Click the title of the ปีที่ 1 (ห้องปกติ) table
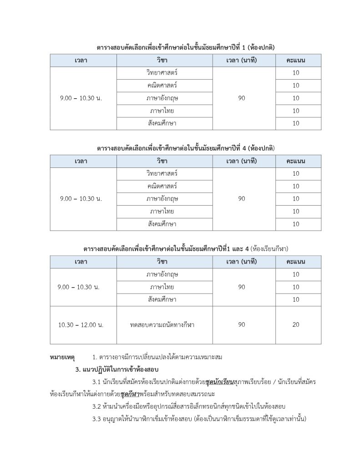186,47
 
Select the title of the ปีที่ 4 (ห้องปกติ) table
186,148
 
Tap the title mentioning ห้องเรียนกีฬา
186,249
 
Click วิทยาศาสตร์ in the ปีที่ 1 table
162,73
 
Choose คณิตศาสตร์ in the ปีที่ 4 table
162,186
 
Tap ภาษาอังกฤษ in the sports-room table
162,274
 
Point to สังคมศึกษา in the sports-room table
162,299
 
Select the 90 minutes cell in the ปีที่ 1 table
242,98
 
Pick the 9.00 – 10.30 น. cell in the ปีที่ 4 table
81,199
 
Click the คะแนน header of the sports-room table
296,262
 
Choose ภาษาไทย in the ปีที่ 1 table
162,111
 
